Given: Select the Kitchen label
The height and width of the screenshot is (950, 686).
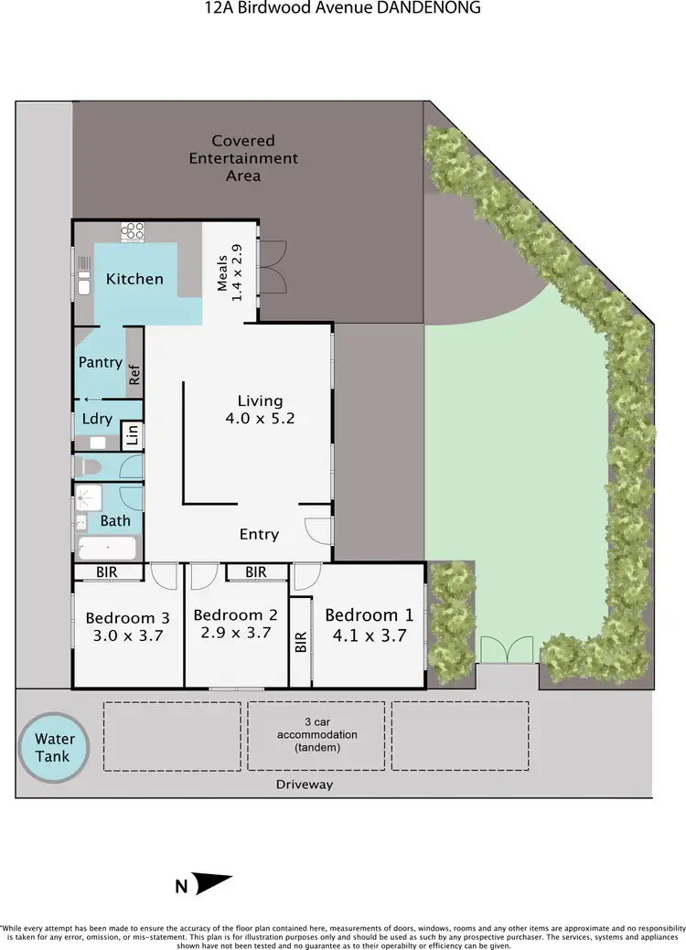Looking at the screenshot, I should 134,279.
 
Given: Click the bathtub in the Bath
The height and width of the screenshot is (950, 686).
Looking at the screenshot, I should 106,549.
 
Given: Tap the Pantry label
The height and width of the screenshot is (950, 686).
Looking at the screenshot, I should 101,362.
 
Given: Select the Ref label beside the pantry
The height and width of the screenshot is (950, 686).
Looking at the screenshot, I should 134,374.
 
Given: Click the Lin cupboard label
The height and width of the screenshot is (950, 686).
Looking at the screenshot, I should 134,434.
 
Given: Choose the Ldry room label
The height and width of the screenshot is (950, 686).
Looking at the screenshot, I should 97,419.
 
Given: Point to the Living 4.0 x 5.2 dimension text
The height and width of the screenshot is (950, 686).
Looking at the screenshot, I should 260,419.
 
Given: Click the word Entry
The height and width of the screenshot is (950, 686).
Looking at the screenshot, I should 259,534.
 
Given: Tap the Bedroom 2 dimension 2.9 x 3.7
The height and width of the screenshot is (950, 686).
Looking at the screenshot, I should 235,632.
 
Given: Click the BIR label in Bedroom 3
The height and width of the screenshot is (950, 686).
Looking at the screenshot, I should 108,572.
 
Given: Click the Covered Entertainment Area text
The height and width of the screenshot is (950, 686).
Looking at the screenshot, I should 243,157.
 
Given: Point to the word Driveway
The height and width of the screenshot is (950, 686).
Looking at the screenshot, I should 305,785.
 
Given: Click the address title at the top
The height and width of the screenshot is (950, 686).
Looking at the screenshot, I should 342,8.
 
